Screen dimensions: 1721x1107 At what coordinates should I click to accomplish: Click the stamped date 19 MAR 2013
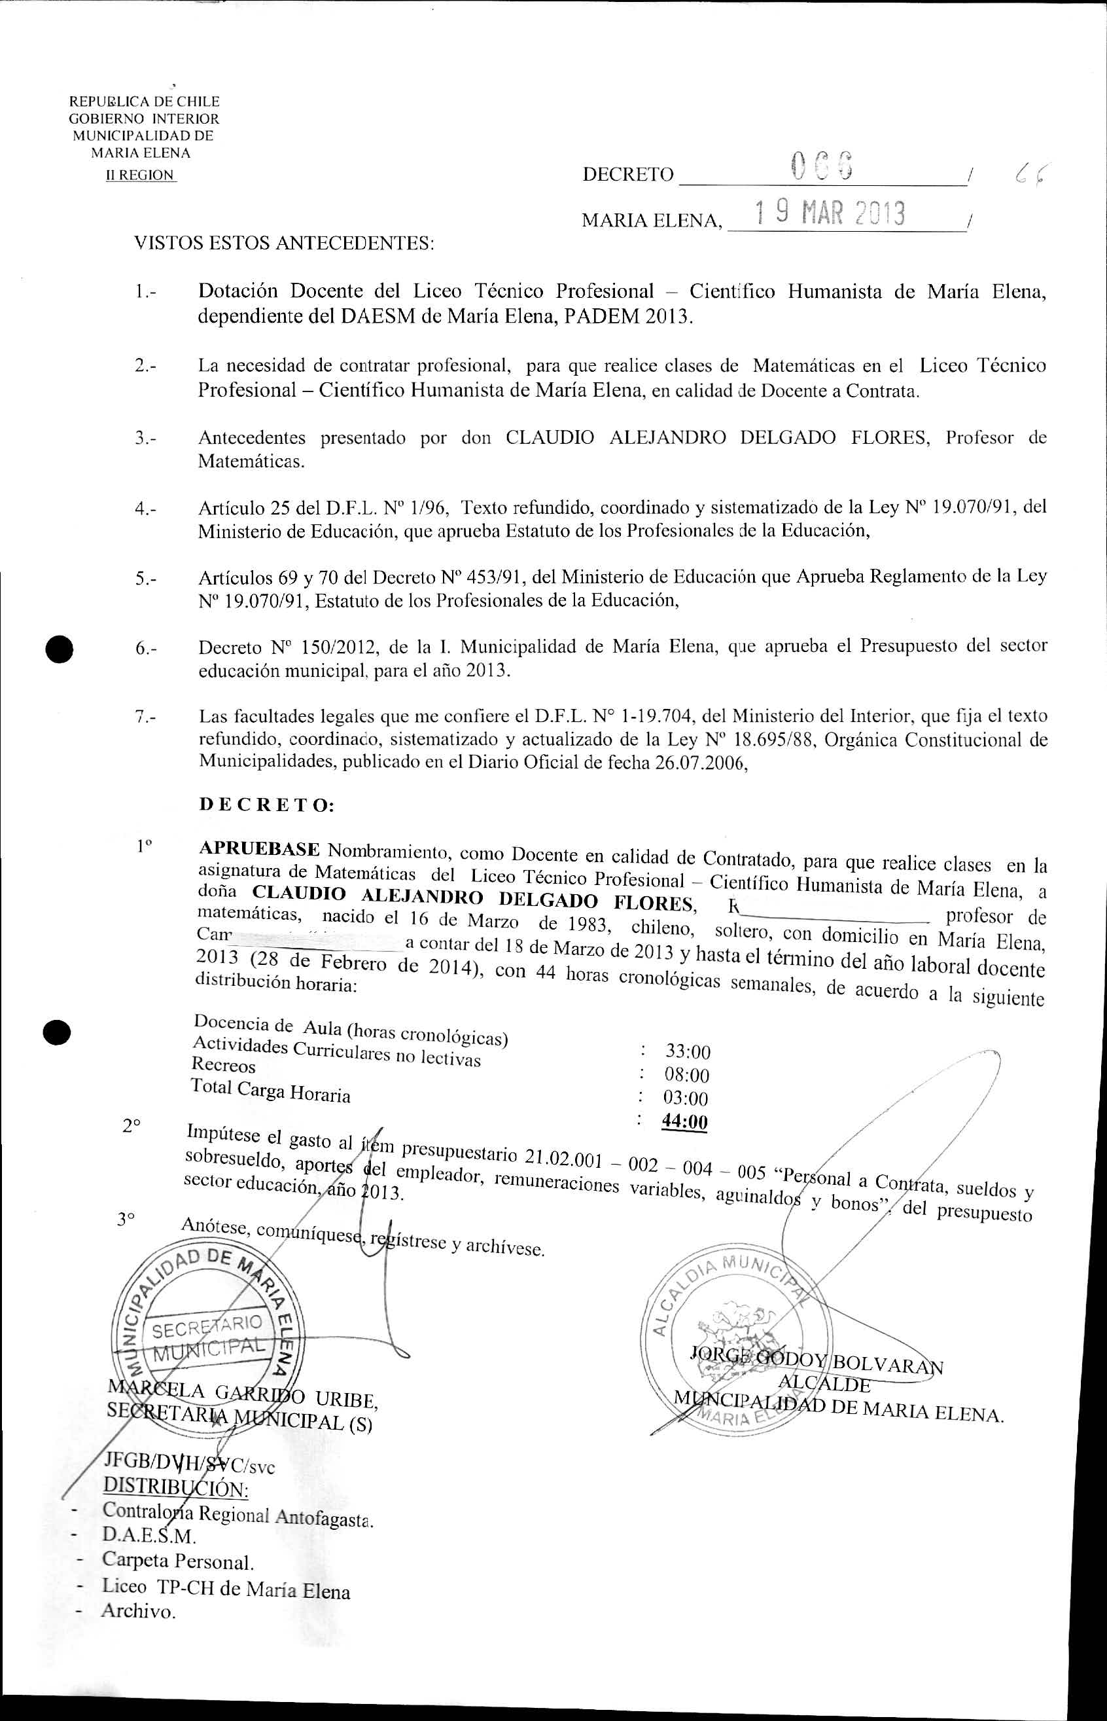coord(830,213)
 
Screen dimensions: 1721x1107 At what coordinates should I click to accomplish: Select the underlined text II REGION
coord(140,175)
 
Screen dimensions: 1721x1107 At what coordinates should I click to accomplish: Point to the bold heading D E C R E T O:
coord(266,805)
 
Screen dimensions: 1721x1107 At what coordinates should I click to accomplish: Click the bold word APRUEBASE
coord(259,848)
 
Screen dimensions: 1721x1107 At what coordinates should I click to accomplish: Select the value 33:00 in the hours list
coord(687,1052)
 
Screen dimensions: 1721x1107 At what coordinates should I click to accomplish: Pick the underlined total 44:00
coord(684,1122)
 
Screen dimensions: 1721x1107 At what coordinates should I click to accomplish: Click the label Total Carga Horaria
coord(270,1091)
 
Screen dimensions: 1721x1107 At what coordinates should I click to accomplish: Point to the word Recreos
coord(224,1065)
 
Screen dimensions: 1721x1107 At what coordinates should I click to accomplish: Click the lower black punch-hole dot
coord(56,1031)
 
